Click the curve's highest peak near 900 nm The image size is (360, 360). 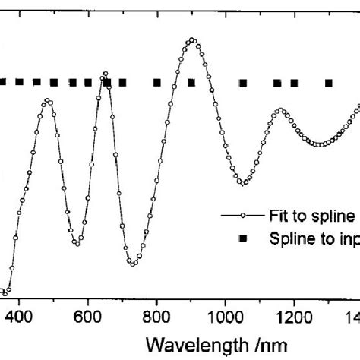coord(191,40)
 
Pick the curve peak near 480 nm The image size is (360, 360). coord(48,100)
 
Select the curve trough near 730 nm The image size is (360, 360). coord(132,264)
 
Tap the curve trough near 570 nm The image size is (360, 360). coord(77,244)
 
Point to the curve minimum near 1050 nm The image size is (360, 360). coord(242,183)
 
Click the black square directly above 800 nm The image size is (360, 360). coord(156,82)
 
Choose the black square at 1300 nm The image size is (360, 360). coord(329,83)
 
